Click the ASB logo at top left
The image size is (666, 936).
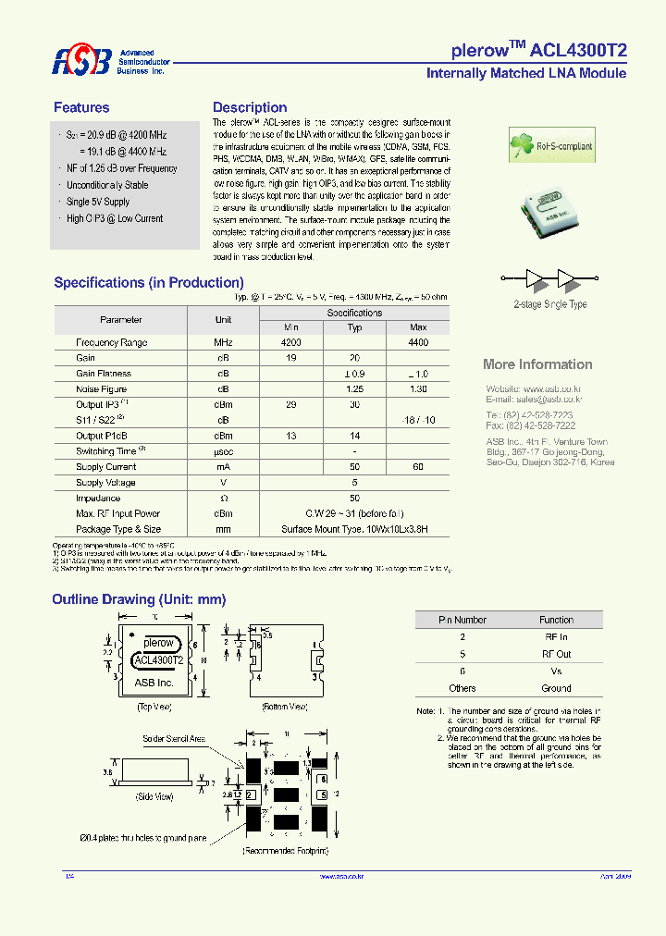81,61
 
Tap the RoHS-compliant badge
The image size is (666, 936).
552,145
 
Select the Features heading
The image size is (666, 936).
81,107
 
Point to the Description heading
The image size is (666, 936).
250,107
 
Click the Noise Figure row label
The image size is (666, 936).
102,389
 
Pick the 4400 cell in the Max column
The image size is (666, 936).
418,342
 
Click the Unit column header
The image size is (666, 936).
223,320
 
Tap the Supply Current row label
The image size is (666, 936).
105,467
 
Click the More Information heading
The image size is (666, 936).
537,364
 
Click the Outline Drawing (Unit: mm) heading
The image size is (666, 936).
139,599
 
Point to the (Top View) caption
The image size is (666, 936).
154,707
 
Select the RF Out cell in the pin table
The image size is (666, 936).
556,654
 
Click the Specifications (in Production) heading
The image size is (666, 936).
149,282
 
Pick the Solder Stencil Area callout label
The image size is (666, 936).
174,739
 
